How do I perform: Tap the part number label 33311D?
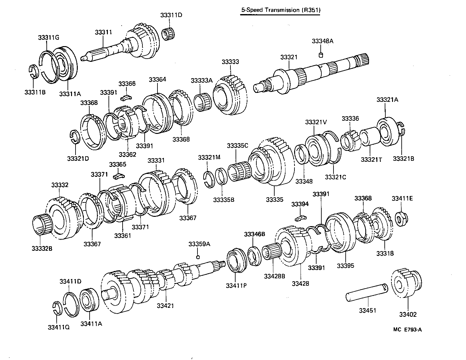171,15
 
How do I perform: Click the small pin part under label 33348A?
320,55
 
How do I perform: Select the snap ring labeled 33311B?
34,71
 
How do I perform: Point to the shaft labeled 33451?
367,292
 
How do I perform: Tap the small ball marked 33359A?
198,257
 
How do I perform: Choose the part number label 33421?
165,306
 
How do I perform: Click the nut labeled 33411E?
400,218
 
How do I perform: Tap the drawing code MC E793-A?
407,330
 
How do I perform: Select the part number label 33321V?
316,122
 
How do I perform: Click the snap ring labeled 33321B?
401,130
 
